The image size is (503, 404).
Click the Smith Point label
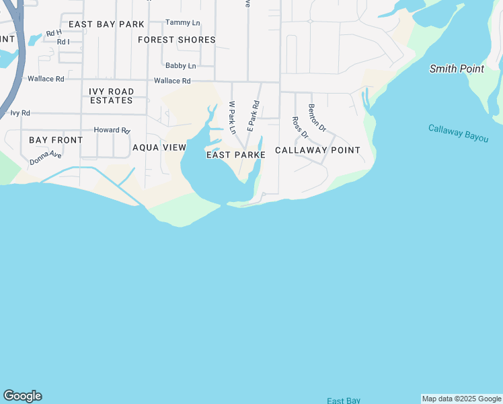click(457, 69)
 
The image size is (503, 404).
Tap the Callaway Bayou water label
click(458, 131)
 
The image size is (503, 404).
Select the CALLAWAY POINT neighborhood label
click(317, 150)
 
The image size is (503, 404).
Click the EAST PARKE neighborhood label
click(235, 155)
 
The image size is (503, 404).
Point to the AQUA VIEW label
click(159, 147)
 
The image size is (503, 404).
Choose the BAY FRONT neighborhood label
click(56, 140)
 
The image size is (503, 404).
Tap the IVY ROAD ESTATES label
click(112, 96)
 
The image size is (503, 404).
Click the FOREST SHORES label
click(177, 40)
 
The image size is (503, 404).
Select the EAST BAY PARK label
click(106, 24)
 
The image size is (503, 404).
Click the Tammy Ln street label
click(178, 22)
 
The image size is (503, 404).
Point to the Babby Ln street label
click(180, 66)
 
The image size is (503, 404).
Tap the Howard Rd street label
click(111, 130)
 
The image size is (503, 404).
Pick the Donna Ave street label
click(46, 158)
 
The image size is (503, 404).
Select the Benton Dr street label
click(317, 117)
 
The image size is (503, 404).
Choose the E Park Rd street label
click(253, 114)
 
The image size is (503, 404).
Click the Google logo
click(22, 396)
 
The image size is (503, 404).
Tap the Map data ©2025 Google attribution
click(462, 399)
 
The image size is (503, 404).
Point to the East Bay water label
click(344, 401)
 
